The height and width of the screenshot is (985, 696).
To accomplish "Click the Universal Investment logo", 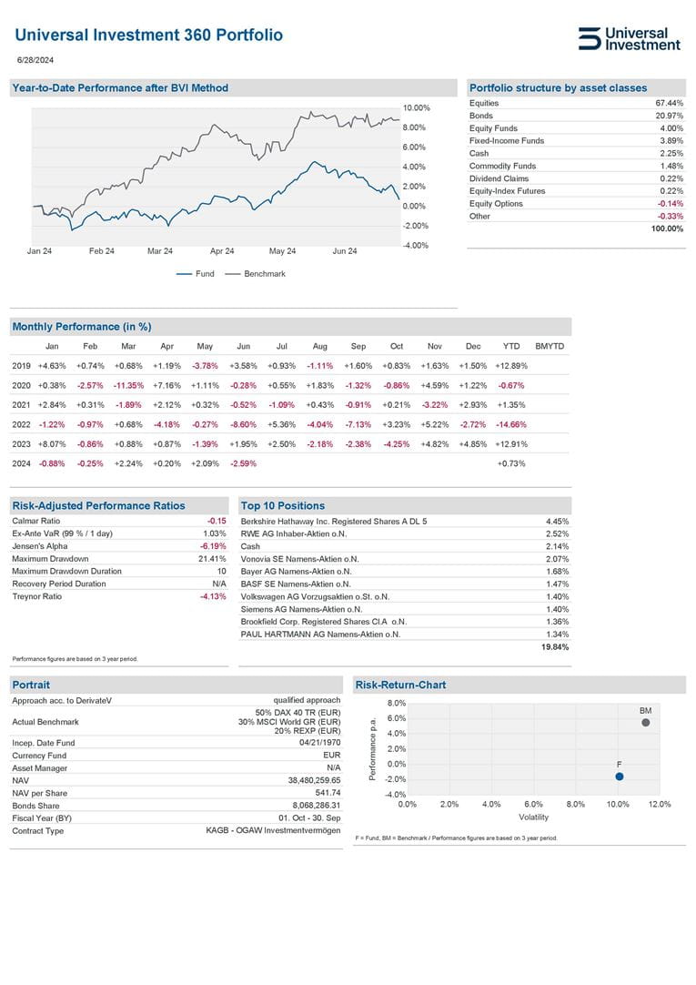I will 629,38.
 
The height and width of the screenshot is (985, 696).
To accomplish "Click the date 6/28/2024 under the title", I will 35,60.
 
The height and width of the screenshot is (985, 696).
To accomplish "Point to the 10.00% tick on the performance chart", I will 416,107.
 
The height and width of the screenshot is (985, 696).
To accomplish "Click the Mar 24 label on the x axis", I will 159,251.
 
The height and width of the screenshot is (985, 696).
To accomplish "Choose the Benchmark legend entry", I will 264,274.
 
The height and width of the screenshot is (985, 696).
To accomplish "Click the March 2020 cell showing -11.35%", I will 128,385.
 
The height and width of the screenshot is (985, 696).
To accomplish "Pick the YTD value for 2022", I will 510,424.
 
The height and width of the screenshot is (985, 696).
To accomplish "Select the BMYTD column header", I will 550,346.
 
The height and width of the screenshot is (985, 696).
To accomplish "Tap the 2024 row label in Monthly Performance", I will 21,463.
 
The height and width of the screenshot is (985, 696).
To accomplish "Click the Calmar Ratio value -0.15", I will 217,521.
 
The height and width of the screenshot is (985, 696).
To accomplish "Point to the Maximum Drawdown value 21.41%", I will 212,559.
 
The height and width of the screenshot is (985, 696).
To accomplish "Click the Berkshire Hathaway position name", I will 333,521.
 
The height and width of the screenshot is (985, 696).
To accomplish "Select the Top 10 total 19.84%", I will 555,647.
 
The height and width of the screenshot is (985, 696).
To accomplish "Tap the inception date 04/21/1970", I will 319,742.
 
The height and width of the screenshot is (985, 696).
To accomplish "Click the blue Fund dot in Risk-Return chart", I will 620,777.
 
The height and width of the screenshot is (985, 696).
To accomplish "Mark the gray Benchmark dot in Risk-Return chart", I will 645,723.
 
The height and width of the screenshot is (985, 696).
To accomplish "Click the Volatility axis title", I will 534,817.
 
